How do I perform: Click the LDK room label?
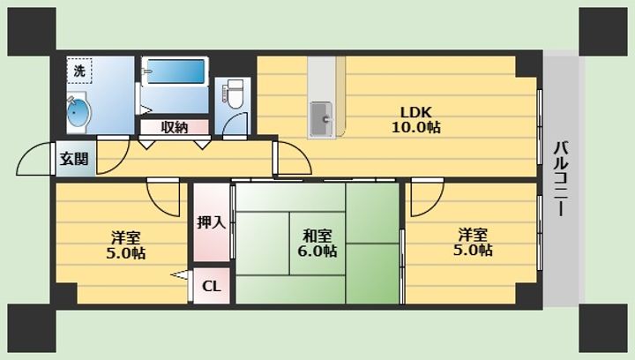pyautogui.click(x=415, y=111)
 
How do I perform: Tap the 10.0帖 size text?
pyautogui.click(x=415, y=128)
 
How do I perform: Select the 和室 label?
pyautogui.click(x=317, y=236)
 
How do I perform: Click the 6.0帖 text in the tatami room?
pyautogui.click(x=317, y=251)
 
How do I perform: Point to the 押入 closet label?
pyautogui.click(x=211, y=222)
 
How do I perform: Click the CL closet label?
pyautogui.click(x=212, y=287)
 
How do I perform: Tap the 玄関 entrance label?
pyautogui.click(x=74, y=159)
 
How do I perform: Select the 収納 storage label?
pyautogui.click(x=175, y=128)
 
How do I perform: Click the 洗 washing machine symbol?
pyautogui.click(x=79, y=71)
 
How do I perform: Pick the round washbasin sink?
pyautogui.click(x=78, y=113)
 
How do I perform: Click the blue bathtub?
pyautogui.click(x=175, y=71)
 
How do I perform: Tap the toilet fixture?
pyautogui.click(x=234, y=94)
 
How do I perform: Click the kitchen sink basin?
pyautogui.click(x=322, y=119)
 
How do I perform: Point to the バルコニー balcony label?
pyautogui.click(x=561, y=178)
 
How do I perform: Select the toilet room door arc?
pyautogui.click(x=235, y=124)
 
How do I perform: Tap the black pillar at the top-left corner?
pyautogui.click(x=32, y=32)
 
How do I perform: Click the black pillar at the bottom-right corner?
pyautogui.click(x=603, y=328)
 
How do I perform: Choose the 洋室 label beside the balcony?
pyautogui.click(x=473, y=235)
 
